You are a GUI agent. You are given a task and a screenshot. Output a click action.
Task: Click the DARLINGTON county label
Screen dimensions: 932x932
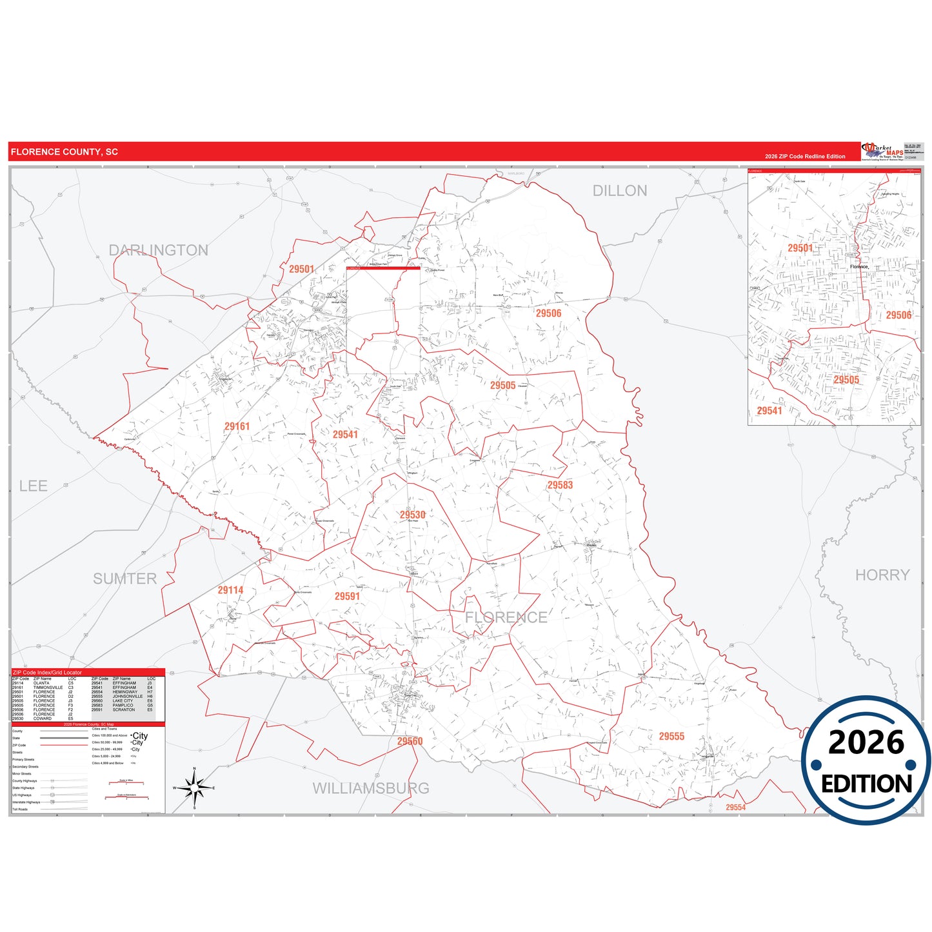(x=158, y=250)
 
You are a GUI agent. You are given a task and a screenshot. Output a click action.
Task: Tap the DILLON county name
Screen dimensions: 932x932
(x=619, y=191)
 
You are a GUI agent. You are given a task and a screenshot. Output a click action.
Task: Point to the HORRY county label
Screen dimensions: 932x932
(x=882, y=575)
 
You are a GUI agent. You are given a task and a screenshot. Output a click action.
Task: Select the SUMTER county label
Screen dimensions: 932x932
(x=124, y=579)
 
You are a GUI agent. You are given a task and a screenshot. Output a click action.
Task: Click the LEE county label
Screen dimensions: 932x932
(x=34, y=486)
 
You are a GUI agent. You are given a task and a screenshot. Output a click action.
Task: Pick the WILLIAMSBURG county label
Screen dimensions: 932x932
(x=370, y=788)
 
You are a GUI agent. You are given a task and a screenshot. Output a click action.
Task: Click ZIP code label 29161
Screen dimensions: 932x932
(x=237, y=426)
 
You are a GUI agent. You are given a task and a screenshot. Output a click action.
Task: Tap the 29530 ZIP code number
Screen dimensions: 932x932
(x=412, y=515)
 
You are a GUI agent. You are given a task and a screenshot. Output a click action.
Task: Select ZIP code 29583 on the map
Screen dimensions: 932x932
(x=560, y=485)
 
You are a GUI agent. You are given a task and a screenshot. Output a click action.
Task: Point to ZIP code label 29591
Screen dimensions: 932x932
(x=347, y=596)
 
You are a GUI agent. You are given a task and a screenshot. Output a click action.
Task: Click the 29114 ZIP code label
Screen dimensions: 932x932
(x=230, y=590)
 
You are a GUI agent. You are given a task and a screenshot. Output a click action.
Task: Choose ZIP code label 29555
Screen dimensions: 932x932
(x=671, y=736)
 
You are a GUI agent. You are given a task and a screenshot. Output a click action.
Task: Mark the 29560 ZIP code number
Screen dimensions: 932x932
(x=410, y=741)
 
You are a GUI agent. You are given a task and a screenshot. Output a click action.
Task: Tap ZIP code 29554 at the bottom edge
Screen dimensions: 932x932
(x=735, y=807)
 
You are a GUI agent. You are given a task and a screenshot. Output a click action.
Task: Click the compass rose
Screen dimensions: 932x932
(x=194, y=788)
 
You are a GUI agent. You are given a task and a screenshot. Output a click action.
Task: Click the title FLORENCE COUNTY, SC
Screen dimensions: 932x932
(x=64, y=152)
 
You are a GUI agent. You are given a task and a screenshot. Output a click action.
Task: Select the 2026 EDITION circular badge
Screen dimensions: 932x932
(x=866, y=760)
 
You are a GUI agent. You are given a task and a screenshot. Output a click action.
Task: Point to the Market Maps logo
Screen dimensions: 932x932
(x=882, y=151)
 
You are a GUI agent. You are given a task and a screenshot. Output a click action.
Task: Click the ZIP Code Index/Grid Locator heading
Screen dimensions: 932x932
(x=47, y=672)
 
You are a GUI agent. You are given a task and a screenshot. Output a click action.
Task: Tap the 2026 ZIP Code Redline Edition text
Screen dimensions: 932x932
(x=805, y=156)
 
